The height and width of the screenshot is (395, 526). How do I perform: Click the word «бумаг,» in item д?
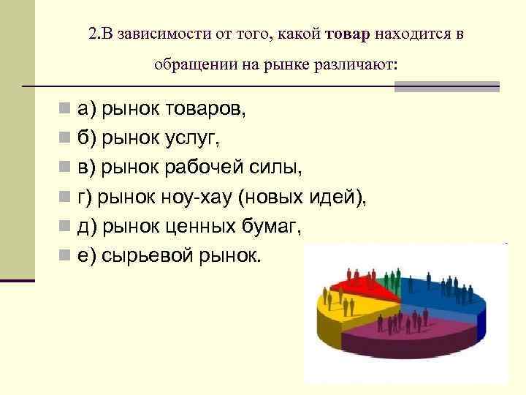[x=271, y=226]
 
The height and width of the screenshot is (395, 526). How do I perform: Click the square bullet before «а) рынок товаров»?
[x=66, y=109]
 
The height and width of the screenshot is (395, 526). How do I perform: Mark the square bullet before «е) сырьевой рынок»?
[x=66, y=256]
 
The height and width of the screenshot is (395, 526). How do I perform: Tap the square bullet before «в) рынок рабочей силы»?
[x=66, y=168]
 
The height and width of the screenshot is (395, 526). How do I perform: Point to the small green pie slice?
[x=392, y=282]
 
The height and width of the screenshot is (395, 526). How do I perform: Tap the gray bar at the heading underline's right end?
[x=446, y=86]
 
